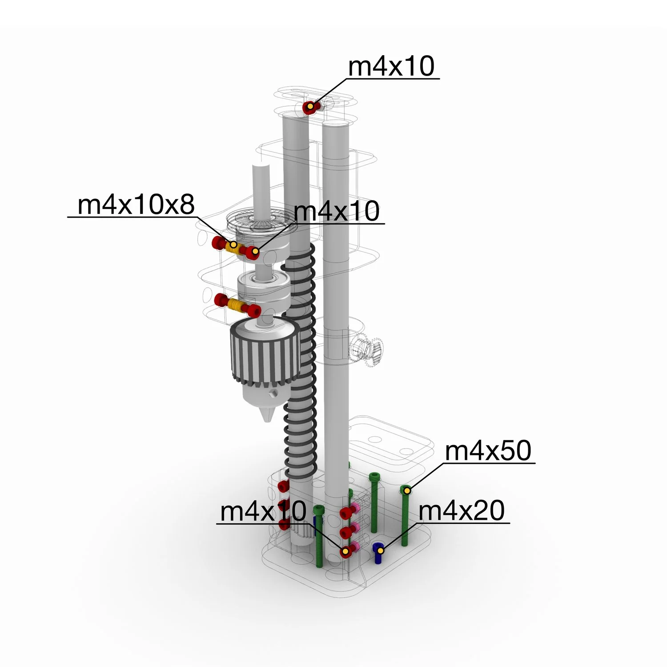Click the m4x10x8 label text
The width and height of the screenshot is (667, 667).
tap(136, 205)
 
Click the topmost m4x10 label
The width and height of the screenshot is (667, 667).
tap(391, 66)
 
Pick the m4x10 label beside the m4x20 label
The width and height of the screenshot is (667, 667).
tap(263, 511)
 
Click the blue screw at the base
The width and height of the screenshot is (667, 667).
tap(378, 553)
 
